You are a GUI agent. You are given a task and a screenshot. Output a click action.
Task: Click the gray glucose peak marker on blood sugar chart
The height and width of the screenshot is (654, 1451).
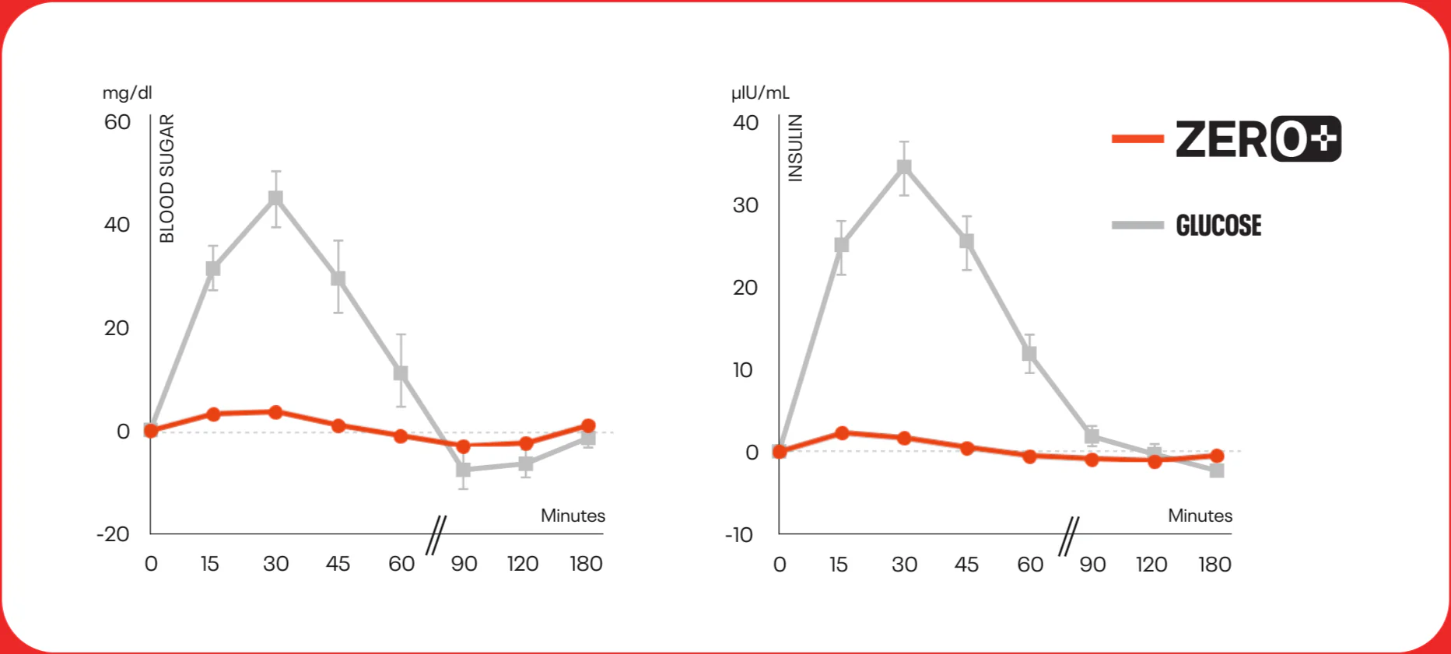point(275,198)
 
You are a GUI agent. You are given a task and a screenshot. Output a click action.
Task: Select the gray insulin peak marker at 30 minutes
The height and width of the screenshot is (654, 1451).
point(904,167)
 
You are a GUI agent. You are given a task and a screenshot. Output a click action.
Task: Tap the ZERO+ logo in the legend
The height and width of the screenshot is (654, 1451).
point(1258,139)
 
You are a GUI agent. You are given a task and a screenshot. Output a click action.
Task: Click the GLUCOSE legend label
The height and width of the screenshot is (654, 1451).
point(1218,226)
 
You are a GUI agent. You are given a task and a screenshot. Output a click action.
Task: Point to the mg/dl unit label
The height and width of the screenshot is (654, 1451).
point(127,93)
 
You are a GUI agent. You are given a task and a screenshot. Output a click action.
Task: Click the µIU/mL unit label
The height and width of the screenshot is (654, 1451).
point(760,93)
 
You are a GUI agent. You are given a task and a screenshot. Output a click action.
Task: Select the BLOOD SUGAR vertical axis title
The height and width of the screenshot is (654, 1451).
point(167,178)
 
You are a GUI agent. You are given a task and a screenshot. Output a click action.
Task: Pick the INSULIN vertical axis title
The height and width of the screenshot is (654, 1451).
point(795,148)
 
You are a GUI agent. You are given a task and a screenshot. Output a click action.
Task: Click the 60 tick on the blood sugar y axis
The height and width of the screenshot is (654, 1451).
point(117,122)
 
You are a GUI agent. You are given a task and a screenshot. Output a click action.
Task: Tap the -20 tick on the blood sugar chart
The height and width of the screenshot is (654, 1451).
point(113,534)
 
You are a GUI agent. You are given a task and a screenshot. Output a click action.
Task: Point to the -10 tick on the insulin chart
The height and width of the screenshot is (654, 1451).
point(739,535)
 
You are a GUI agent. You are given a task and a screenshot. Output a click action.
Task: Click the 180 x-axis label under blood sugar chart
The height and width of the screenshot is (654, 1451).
point(586,564)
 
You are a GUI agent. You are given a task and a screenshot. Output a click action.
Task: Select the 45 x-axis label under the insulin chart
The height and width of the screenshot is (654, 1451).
point(966,565)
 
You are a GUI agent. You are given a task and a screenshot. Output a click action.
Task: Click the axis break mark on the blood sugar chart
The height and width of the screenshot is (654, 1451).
point(436,536)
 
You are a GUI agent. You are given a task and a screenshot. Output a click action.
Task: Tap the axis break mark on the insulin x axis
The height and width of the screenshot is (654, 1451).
point(1069,537)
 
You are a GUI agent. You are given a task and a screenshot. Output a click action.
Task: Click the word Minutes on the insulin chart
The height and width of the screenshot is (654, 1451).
point(1200,516)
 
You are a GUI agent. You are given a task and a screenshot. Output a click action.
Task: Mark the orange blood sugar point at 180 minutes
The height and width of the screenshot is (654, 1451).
point(588,425)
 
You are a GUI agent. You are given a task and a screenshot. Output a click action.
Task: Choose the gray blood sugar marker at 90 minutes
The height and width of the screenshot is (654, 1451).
point(464,470)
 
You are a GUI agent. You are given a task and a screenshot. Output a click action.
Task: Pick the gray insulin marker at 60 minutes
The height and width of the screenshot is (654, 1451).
point(1029,353)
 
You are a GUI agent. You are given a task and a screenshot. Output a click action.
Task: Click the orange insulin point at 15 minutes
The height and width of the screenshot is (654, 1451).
point(842,433)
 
